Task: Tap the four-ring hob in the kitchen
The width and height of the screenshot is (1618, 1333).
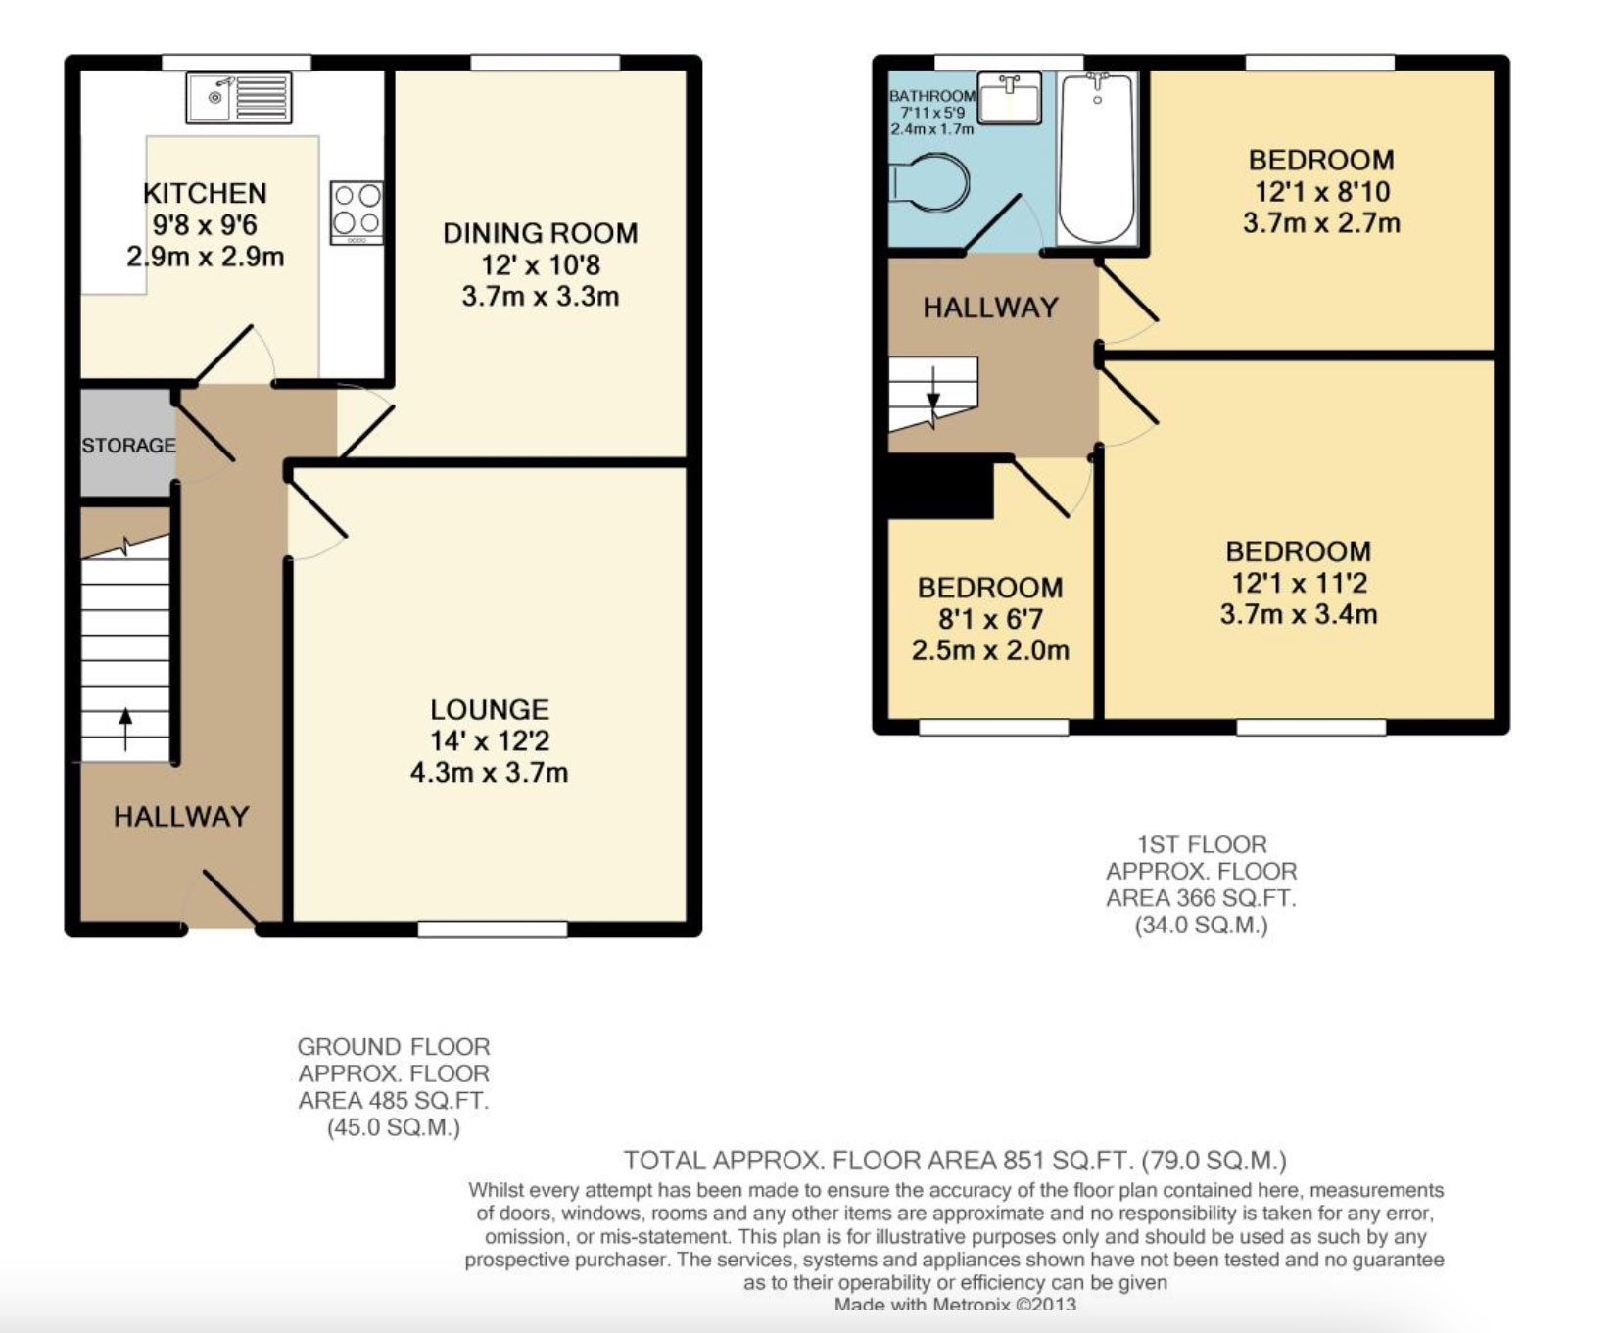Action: [x=357, y=212]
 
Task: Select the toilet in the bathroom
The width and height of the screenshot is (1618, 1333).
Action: [x=929, y=182]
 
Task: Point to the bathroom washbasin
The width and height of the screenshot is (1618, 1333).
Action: [x=1010, y=98]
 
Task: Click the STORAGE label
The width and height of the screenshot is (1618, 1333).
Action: [x=128, y=446]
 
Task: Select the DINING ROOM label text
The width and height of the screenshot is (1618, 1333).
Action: [x=540, y=233]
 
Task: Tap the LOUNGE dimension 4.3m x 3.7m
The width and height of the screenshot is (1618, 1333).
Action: [x=489, y=772]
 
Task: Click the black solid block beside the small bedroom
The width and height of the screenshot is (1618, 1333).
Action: [x=939, y=488]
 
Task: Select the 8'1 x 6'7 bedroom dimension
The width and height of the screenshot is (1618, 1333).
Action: [x=990, y=619]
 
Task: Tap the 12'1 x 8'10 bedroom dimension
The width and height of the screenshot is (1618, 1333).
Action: [x=1321, y=191]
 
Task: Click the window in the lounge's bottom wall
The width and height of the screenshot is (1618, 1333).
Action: [x=492, y=928]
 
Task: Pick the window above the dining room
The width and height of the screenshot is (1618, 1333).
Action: [x=545, y=63]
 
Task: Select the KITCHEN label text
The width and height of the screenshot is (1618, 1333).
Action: [x=205, y=193]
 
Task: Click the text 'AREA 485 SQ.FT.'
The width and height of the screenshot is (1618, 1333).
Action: [x=393, y=1100]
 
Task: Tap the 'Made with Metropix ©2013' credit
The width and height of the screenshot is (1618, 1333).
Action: [x=955, y=1305]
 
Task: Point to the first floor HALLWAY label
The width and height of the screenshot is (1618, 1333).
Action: [x=990, y=308]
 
